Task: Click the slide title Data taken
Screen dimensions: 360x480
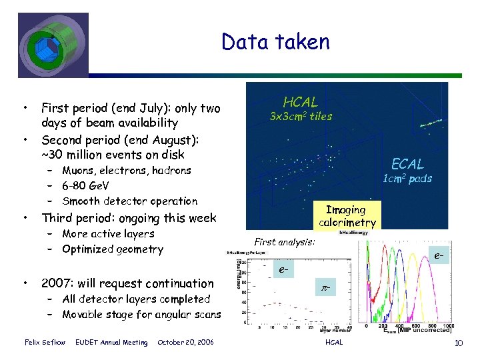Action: tap(275, 43)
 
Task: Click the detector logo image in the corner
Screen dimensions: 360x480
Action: tap(53, 45)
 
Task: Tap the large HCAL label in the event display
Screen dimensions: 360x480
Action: tap(300, 102)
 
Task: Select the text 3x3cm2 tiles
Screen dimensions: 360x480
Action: tap(300, 117)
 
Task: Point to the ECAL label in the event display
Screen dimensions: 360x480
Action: tap(407, 164)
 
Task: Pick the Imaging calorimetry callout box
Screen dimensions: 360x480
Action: tap(347, 216)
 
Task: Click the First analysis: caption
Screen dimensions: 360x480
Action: tap(285, 243)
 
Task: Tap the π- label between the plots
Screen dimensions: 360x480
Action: tap(325, 287)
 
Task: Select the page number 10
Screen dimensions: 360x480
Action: tap(458, 343)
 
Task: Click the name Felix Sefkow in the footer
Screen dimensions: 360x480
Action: tap(45, 343)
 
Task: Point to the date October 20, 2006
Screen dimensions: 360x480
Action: tap(185, 343)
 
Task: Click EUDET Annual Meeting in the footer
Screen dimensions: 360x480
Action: tap(111, 343)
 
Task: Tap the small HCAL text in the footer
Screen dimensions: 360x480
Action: tap(333, 343)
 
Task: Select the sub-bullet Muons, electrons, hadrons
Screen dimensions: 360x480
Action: tap(127, 171)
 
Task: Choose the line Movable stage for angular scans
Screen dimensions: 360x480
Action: tap(141, 315)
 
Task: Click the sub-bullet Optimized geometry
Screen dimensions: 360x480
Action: tap(113, 249)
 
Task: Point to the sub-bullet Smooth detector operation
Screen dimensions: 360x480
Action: tap(130, 201)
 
